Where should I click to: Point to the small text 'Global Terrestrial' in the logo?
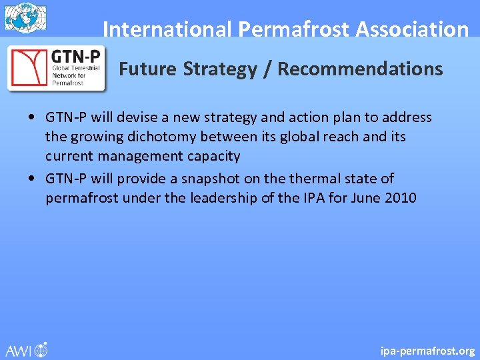click(x=76, y=68)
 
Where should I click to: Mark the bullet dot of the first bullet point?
click(x=32, y=118)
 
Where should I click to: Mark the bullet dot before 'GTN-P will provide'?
click(x=32, y=179)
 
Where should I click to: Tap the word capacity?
click(x=210, y=156)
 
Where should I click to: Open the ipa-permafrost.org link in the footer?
click(x=427, y=350)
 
